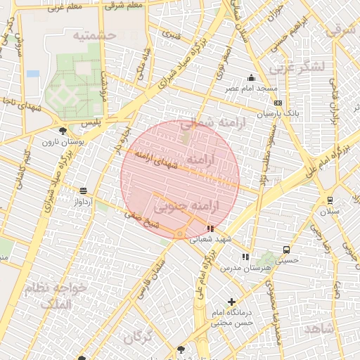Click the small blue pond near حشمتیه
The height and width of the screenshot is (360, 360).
click(32, 73)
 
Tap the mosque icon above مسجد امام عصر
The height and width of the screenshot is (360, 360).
click(251, 77)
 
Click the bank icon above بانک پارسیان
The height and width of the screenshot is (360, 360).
click(278, 103)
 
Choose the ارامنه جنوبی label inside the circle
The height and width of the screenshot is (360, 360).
click(186, 206)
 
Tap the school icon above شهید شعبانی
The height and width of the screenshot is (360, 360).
click(210, 229)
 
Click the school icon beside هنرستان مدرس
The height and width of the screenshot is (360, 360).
click(245, 257)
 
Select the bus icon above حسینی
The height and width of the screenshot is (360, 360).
click(286, 250)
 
